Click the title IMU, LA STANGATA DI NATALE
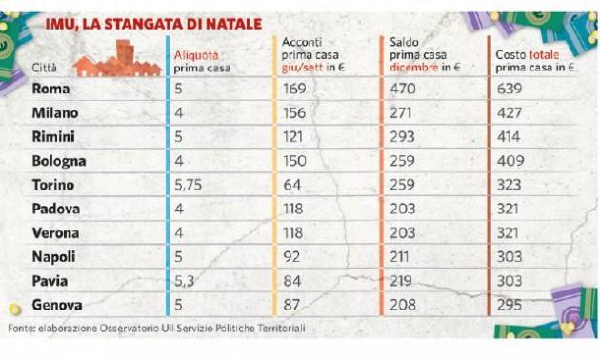(x=153, y=24)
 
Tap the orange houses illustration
(x=118, y=58)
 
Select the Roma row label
(x=50, y=89)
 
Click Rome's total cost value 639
(x=510, y=89)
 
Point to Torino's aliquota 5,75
(x=188, y=185)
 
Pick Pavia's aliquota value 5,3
(x=185, y=282)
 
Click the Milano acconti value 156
(x=294, y=113)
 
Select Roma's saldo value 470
(x=403, y=89)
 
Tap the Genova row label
(x=57, y=305)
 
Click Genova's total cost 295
(x=510, y=305)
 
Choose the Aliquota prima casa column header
(x=202, y=62)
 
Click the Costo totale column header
(x=534, y=61)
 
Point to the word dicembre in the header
(x=413, y=68)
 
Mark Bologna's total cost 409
(x=510, y=161)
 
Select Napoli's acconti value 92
(x=291, y=257)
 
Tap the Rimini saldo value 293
(x=402, y=137)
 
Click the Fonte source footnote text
(x=156, y=329)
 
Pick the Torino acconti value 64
(x=292, y=185)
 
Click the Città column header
(x=45, y=68)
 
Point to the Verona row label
(x=55, y=233)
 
